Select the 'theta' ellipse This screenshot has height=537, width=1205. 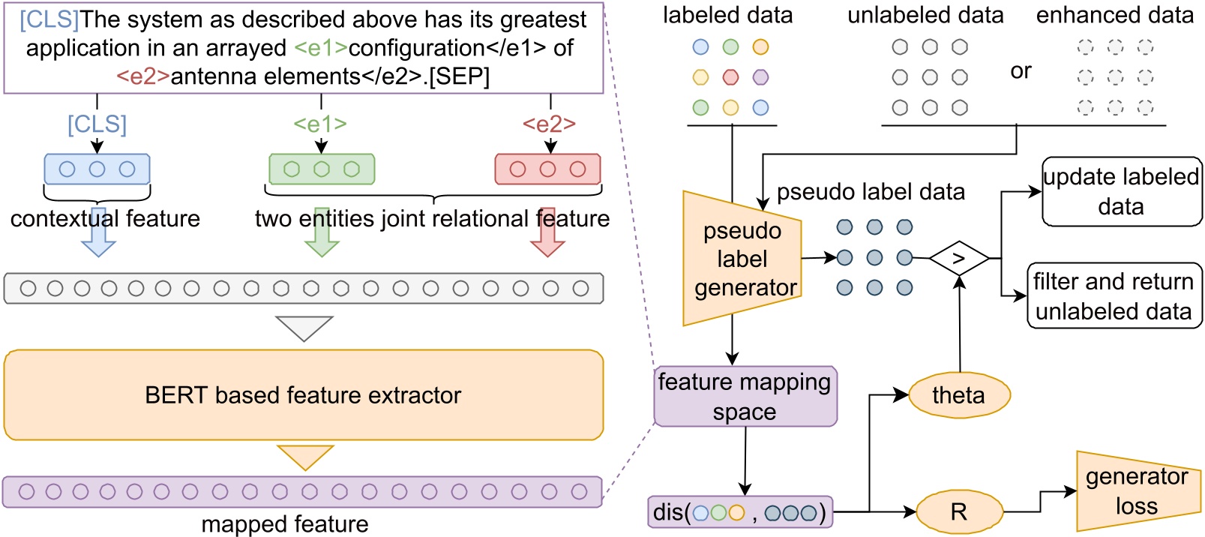tap(959, 395)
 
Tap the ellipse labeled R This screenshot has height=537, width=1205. tap(959, 512)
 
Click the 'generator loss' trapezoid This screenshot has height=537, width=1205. tap(1136, 491)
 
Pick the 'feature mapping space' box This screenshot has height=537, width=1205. tap(745, 396)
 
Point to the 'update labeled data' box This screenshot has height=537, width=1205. tap(1121, 191)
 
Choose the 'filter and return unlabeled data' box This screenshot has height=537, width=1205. tap(1114, 295)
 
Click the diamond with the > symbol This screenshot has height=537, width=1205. tap(959, 258)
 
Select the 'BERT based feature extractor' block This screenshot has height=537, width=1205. tap(303, 394)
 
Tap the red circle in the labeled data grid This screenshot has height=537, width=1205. tap(730, 77)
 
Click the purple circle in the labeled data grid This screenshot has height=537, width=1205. tap(760, 77)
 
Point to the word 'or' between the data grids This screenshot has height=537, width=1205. tap(1021, 71)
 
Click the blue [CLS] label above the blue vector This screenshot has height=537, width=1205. tap(97, 124)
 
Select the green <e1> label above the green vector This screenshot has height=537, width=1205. tap(320, 124)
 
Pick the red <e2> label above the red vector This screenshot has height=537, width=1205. tap(549, 124)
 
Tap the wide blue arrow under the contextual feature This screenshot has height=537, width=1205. tap(98, 235)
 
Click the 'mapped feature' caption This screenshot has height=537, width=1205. tap(285, 523)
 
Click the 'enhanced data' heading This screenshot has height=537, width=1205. tap(1114, 15)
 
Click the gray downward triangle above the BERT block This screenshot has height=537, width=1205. tap(304, 327)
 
